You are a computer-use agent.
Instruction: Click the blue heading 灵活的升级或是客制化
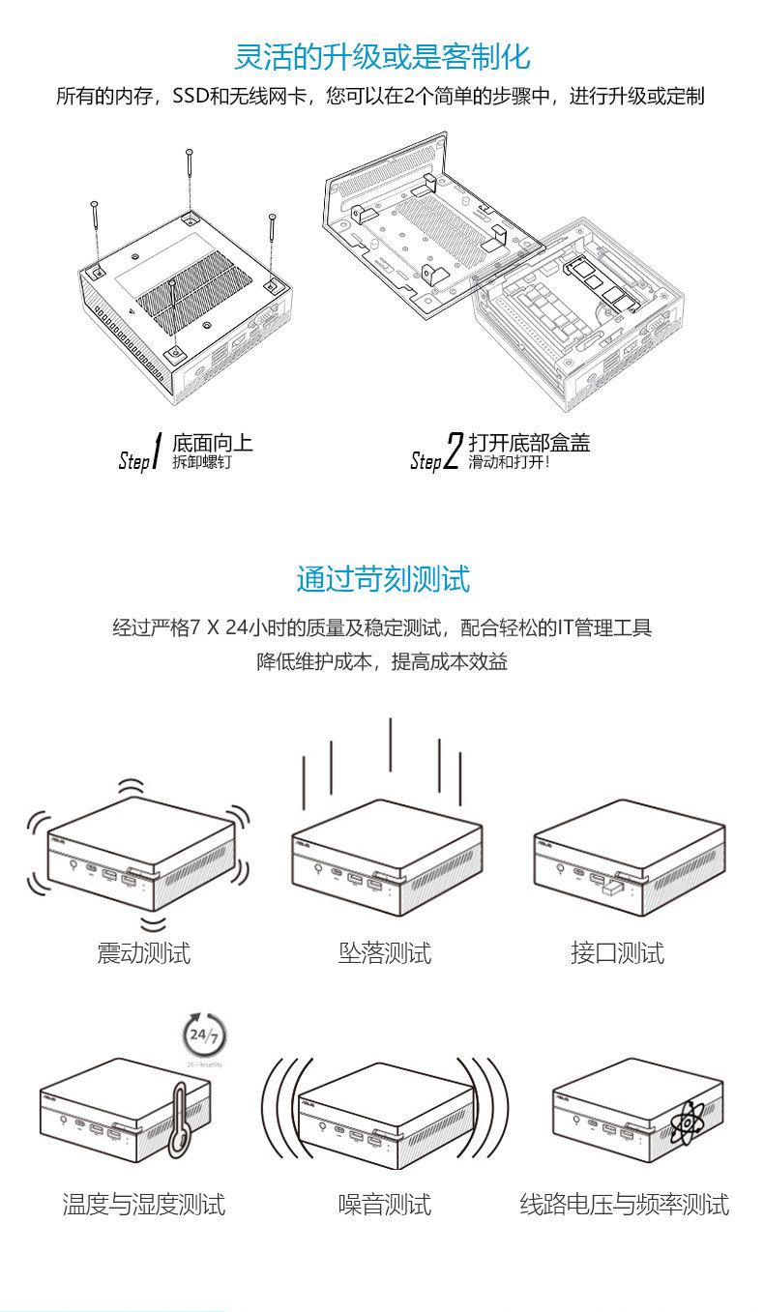click(382, 56)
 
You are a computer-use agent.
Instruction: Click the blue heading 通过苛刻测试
click(382, 579)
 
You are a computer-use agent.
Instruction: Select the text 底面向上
click(213, 443)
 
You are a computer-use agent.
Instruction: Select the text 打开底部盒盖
click(529, 443)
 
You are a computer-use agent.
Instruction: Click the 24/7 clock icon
click(203, 1035)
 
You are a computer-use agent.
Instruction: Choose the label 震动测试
click(144, 953)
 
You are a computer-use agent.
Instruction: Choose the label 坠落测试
click(385, 953)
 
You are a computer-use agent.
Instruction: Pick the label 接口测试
click(618, 953)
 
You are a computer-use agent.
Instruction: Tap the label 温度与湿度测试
click(144, 1205)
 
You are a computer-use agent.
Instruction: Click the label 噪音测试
click(385, 1205)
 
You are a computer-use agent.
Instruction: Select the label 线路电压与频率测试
click(625, 1205)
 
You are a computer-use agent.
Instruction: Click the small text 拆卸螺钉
click(202, 463)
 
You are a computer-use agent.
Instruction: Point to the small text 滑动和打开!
click(510, 463)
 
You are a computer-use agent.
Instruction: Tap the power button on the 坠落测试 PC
click(319, 868)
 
